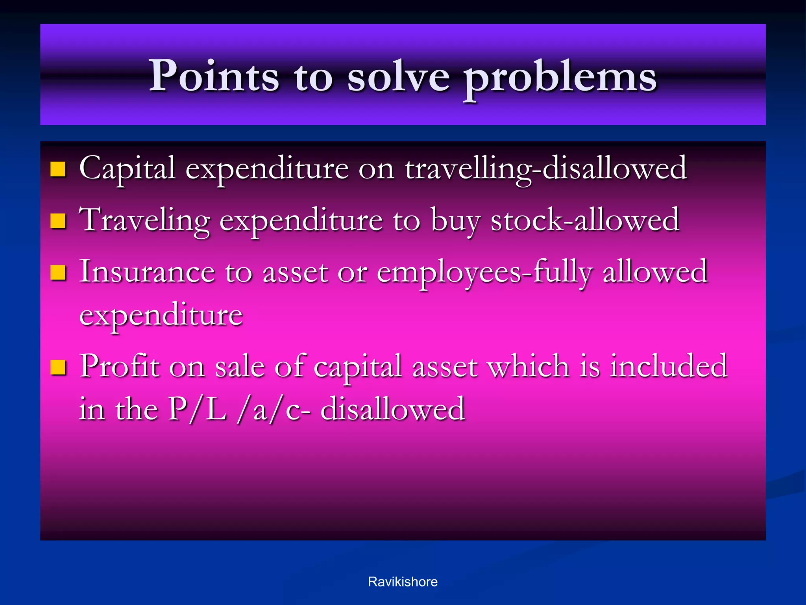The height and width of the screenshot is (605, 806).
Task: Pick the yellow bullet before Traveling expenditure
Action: pos(58,221)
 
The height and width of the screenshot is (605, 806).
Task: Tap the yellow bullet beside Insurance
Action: pos(58,273)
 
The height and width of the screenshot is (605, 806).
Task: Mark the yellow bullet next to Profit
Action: pos(58,367)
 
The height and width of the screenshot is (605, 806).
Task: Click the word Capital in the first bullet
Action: pos(127,169)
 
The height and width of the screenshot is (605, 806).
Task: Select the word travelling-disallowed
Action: pos(545,169)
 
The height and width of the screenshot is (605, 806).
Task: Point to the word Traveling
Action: pos(144,221)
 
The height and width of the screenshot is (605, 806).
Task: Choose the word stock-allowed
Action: pos(585,220)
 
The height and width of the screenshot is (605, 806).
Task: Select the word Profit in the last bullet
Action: pos(120,366)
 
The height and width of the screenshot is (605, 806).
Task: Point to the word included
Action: pos(668,366)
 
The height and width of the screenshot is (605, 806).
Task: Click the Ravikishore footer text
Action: pos(403,582)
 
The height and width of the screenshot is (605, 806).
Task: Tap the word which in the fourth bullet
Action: pos(528,366)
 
